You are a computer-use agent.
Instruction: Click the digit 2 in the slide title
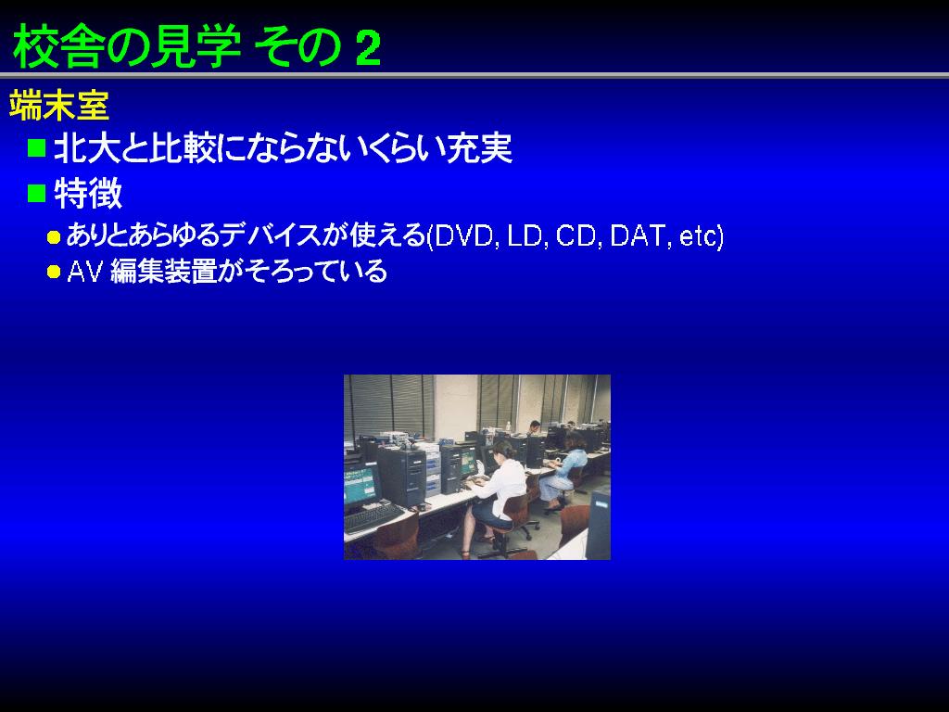click(368, 48)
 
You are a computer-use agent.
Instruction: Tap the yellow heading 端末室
click(58, 106)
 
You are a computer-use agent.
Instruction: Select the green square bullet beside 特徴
click(37, 193)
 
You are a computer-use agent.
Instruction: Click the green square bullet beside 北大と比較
click(37, 147)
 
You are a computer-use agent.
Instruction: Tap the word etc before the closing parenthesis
click(698, 236)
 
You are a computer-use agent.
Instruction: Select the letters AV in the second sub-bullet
click(84, 272)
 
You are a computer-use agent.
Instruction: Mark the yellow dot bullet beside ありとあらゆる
click(54, 237)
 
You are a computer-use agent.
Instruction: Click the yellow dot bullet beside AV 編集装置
click(54, 272)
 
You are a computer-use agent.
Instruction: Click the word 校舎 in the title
click(56, 47)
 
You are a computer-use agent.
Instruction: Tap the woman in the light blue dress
click(565, 472)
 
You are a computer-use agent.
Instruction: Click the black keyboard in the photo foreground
click(373, 517)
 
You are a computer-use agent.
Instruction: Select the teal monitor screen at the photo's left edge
click(361, 484)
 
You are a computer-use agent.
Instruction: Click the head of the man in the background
click(534, 426)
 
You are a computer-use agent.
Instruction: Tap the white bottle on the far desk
click(508, 426)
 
